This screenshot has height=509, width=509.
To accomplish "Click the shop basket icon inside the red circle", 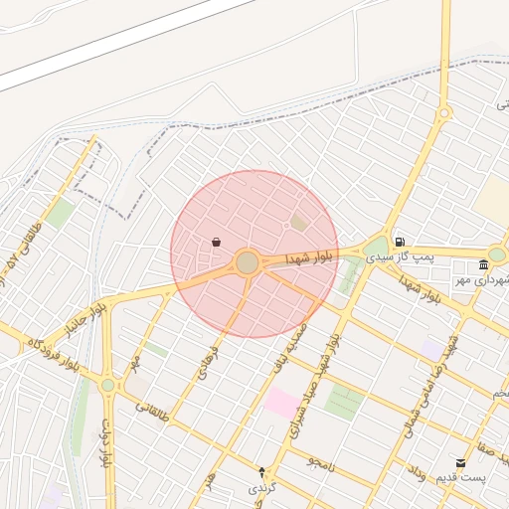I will (x=217, y=242).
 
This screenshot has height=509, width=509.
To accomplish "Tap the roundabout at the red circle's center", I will (x=248, y=262).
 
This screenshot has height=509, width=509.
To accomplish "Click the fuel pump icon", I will (x=400, y=241).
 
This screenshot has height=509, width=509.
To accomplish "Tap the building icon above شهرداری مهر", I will (x=483, y=264).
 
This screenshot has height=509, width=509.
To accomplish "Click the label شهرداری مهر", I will (x=475, y=280).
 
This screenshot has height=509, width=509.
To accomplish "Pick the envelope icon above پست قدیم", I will (x=460, y=462).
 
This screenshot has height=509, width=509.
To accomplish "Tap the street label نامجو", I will (x=321, y=462).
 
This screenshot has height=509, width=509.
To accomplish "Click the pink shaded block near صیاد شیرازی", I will (x=280, y=403).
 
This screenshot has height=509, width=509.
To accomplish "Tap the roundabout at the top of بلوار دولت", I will (x=107, y=385).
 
